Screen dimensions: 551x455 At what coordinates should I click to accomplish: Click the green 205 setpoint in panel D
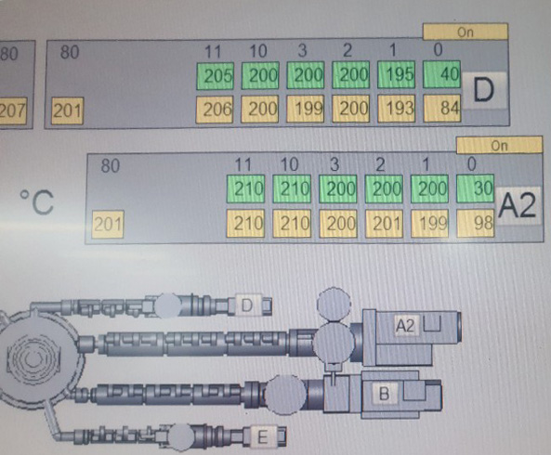pos(215,75)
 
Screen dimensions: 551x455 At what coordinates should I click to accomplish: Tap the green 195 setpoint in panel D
pos(396,75)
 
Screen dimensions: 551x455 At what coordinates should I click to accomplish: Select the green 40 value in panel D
pos(441,74)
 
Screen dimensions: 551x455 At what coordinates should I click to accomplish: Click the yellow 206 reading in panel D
pos(214,110)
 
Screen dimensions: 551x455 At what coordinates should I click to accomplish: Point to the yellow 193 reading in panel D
pos(397,108)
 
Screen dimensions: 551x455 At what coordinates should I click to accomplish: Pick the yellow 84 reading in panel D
pos(442,108)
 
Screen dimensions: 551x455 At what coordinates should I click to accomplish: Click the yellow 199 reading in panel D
pos(305,109)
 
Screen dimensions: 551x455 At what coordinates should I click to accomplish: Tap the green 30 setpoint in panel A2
pos(475,188)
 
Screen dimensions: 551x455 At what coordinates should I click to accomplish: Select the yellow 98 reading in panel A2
pos(476,223)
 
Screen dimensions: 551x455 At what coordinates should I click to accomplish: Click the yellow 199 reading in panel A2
pos(430,223)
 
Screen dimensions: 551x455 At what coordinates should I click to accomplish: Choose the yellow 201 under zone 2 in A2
pos(384,223)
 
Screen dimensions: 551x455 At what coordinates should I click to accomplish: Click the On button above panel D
pos(466,32)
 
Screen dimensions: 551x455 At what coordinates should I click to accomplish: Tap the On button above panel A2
pos(499,145)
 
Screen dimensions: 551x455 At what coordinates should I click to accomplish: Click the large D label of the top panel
pos(483,91)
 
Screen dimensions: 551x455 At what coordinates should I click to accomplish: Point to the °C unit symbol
pos(36,201)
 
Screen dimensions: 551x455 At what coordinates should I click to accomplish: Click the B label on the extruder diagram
pos(385,393)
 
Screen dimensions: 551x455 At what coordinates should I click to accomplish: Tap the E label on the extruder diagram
pos(263,437)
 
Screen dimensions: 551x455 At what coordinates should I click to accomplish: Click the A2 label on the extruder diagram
pos(405,325)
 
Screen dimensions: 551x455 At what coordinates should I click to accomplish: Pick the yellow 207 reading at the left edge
pos(13,110)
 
